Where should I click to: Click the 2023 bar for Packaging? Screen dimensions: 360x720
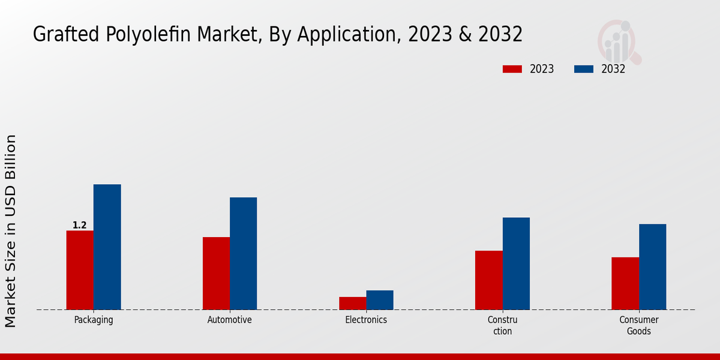pos(80,270)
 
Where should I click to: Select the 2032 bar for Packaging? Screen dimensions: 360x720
pos(107,247)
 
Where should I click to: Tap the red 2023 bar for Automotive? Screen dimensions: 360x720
pos(216,274)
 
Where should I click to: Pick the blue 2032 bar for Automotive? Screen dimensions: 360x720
pos(243,254)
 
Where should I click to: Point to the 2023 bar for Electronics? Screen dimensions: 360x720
pos(352,303)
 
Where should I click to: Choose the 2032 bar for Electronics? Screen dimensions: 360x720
pos(380,300)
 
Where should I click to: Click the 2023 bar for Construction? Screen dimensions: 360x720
pos(488,280)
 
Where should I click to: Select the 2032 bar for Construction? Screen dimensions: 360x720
pos(516,263)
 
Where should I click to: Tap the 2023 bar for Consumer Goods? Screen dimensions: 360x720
pos(625,283)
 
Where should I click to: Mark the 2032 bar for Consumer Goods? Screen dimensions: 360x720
pos(652,267)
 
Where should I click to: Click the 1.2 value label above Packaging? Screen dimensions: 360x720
pos(80,226)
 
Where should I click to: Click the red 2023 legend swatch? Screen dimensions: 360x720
pos(512,69)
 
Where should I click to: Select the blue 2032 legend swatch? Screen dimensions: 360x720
pos(584,69)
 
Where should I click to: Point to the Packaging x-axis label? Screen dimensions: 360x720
pos(94,320)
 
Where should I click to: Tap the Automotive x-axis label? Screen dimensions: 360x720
pos(230,320)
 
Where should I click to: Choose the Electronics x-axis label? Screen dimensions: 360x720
pos(366,320)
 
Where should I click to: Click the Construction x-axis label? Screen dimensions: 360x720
pos(502,325)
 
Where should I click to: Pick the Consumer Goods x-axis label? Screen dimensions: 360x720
pos(639,325)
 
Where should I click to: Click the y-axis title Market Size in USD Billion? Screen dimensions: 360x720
pos(11,231)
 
